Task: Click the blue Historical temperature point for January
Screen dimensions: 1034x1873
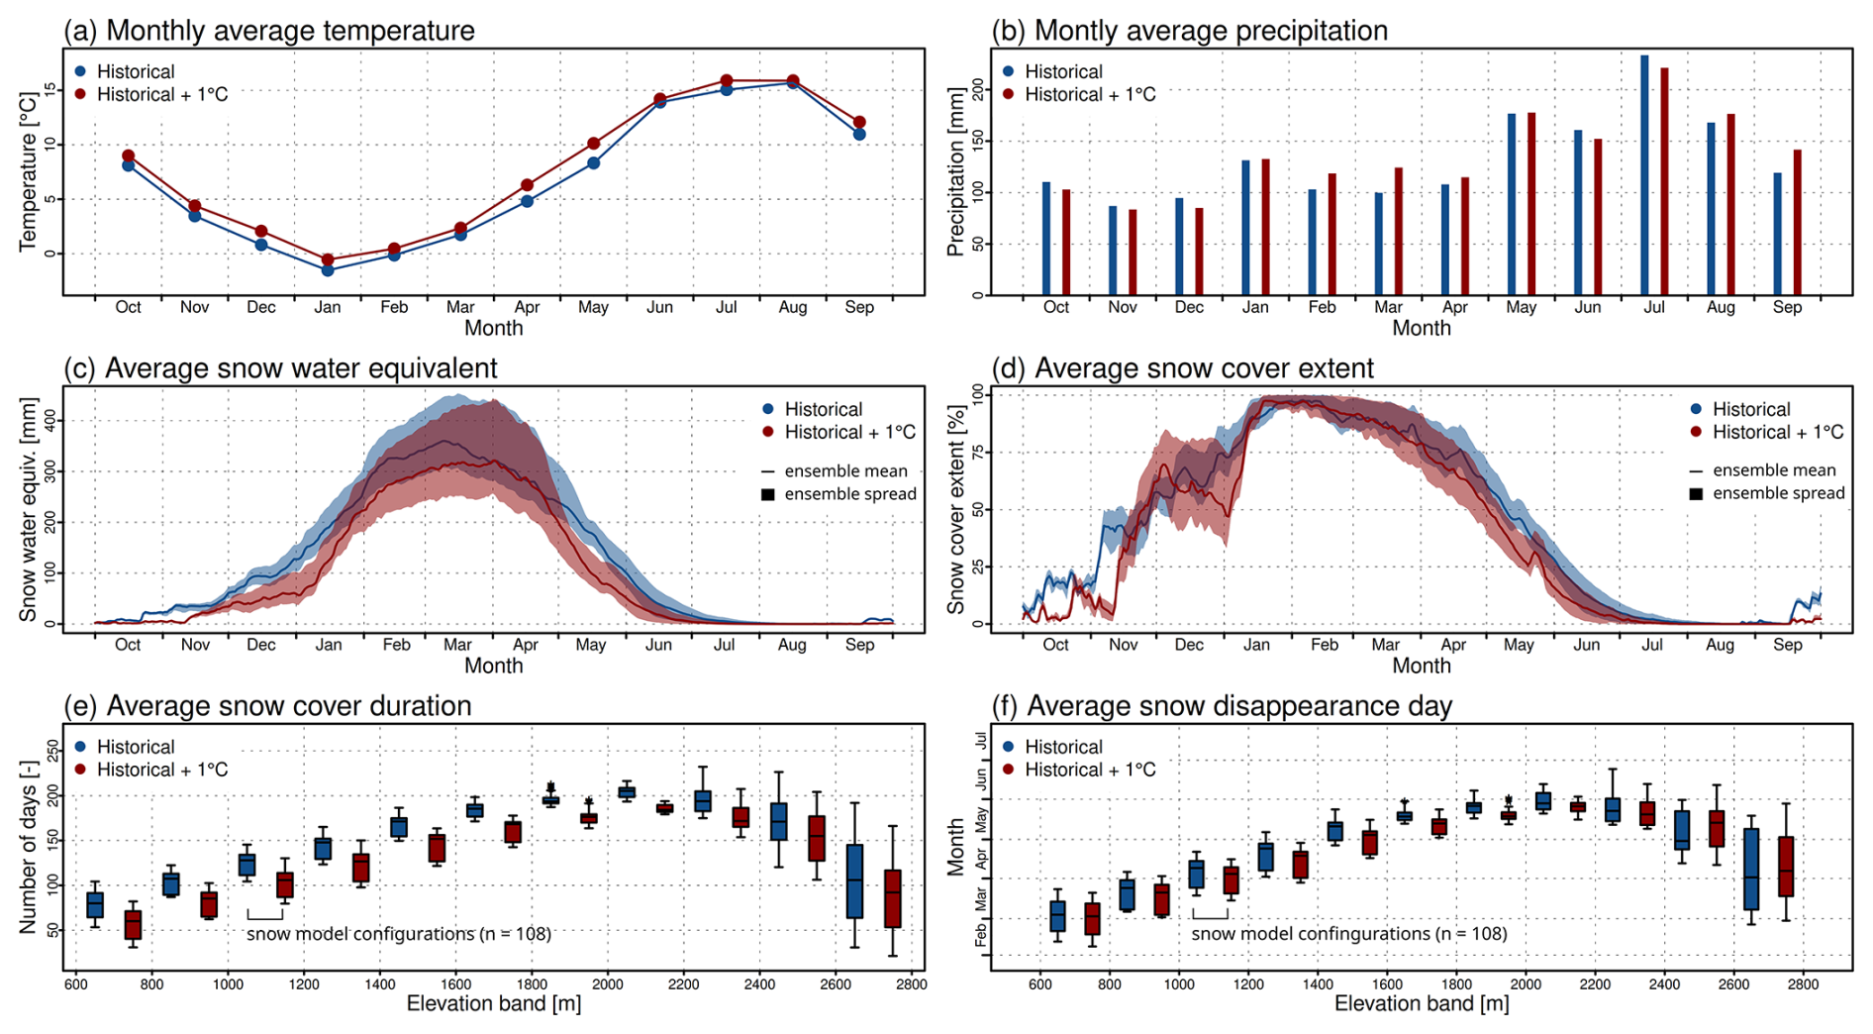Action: (x=328, y=269)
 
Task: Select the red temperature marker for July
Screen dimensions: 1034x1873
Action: (x=727, y=80)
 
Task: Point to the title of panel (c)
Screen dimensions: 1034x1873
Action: (x=281, y=368)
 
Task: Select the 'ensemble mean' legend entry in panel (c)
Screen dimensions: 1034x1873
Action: (x=844, y=470)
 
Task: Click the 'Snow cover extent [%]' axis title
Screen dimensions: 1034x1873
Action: (x=955, y=509)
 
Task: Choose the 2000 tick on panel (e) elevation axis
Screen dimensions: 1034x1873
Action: (x=607, y=983)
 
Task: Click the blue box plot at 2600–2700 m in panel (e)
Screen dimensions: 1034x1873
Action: (x=855, y=880)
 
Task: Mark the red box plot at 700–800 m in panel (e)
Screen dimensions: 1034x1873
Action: (x=133, y=925)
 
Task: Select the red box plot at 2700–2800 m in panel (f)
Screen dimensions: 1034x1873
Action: (x=1786, y=867)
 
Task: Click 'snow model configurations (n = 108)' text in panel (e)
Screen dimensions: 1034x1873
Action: (x=399, y=934)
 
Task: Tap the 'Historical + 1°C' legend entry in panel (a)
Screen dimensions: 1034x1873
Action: (x=161, y=95)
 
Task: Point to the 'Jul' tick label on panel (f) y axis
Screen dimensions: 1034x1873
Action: (x=980, y=740)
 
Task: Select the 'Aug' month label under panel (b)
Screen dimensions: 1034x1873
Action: (x=1721, y=307)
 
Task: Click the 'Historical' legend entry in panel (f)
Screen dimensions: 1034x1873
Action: (x=1062, y=747)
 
